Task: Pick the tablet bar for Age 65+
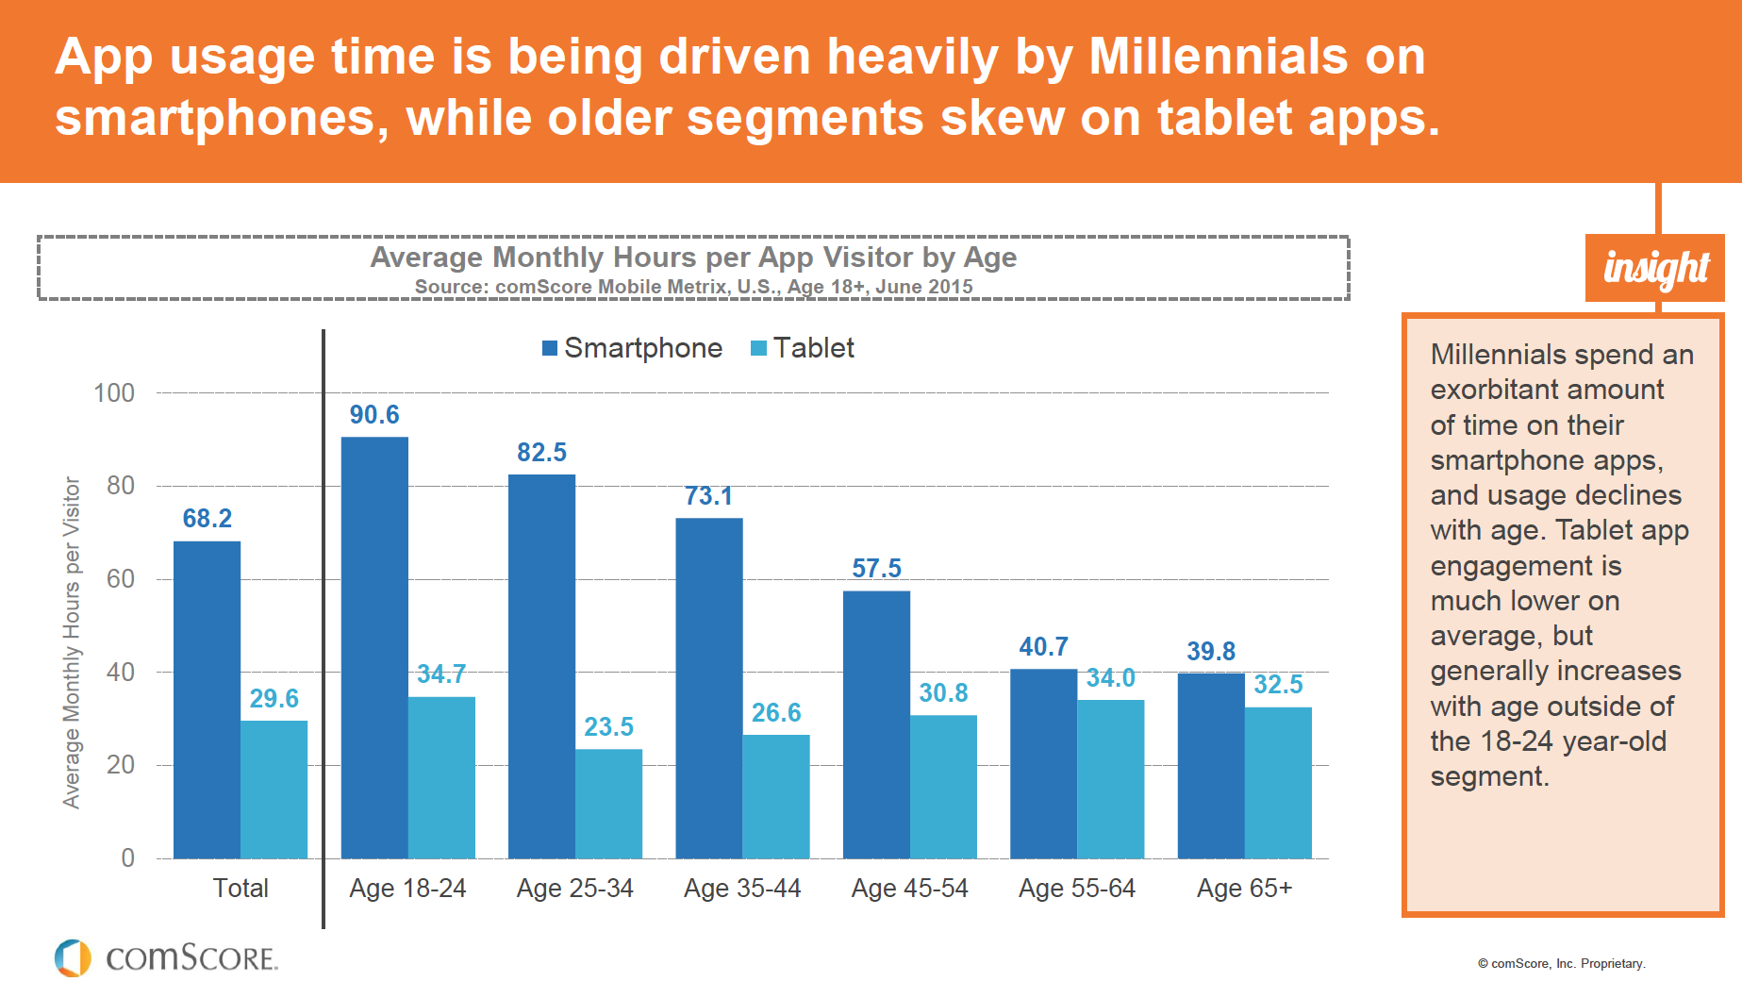pos(1278,783)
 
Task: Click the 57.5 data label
pos(876,569)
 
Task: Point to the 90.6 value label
pos(374,415)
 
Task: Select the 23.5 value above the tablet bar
pos(608,727)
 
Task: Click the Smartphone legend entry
pos(632,348)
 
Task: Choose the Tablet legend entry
pos(803,348)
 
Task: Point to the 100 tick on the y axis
pos(114,393)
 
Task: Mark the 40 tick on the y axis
pos(121,673)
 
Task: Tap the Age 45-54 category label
pos(909,889)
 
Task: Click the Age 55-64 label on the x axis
pos(1076,889)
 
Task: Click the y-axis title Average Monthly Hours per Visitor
pos(72,642)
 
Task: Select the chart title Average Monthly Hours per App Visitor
pos(693,258)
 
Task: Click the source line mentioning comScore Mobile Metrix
pos(693,287)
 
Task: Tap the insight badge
pos(1655,269)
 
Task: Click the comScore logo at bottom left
pos(166,957)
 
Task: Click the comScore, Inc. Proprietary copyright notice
pos(1561,964)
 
